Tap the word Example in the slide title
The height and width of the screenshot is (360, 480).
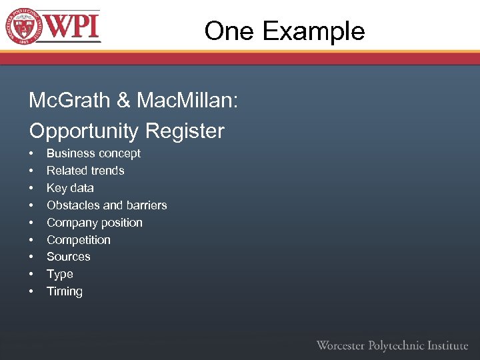[x=313, y=31]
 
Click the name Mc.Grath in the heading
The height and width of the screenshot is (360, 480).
[x=69, y=101]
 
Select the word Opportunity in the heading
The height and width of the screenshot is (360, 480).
[x=85, y=131]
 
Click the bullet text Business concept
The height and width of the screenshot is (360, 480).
[x=93, y=153]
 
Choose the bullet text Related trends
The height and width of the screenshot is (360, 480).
[x=85, y=171]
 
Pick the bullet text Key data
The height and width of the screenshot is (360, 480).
[x=70, y=188]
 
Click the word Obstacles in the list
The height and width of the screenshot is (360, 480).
[x=72, y=205]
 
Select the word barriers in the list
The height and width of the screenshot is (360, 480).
[x=145, y=205]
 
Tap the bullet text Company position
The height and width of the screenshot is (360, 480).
[x=95, y=223]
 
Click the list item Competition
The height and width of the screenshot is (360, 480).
[x=79, y=240]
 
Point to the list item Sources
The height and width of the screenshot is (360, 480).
[x=68, y=257]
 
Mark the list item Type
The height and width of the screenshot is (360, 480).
[x=60, y=274]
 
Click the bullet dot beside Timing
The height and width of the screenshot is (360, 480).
[x=31, y=292]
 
